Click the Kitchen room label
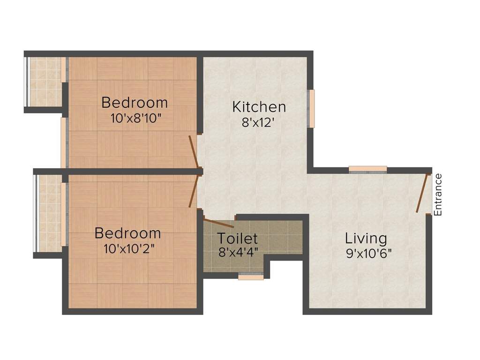point(259,107)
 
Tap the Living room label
point(366,238)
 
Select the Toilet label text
point(237,238)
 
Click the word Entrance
point(438,195)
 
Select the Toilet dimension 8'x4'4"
point(238,252)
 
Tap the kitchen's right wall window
point(311,108)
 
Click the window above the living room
point(368,169)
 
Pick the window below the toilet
point(251,277)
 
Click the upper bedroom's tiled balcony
point(45,82)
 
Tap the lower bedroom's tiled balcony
point(49,213)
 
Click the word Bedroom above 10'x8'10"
point(135,102)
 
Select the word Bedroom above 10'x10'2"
point(127,233)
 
